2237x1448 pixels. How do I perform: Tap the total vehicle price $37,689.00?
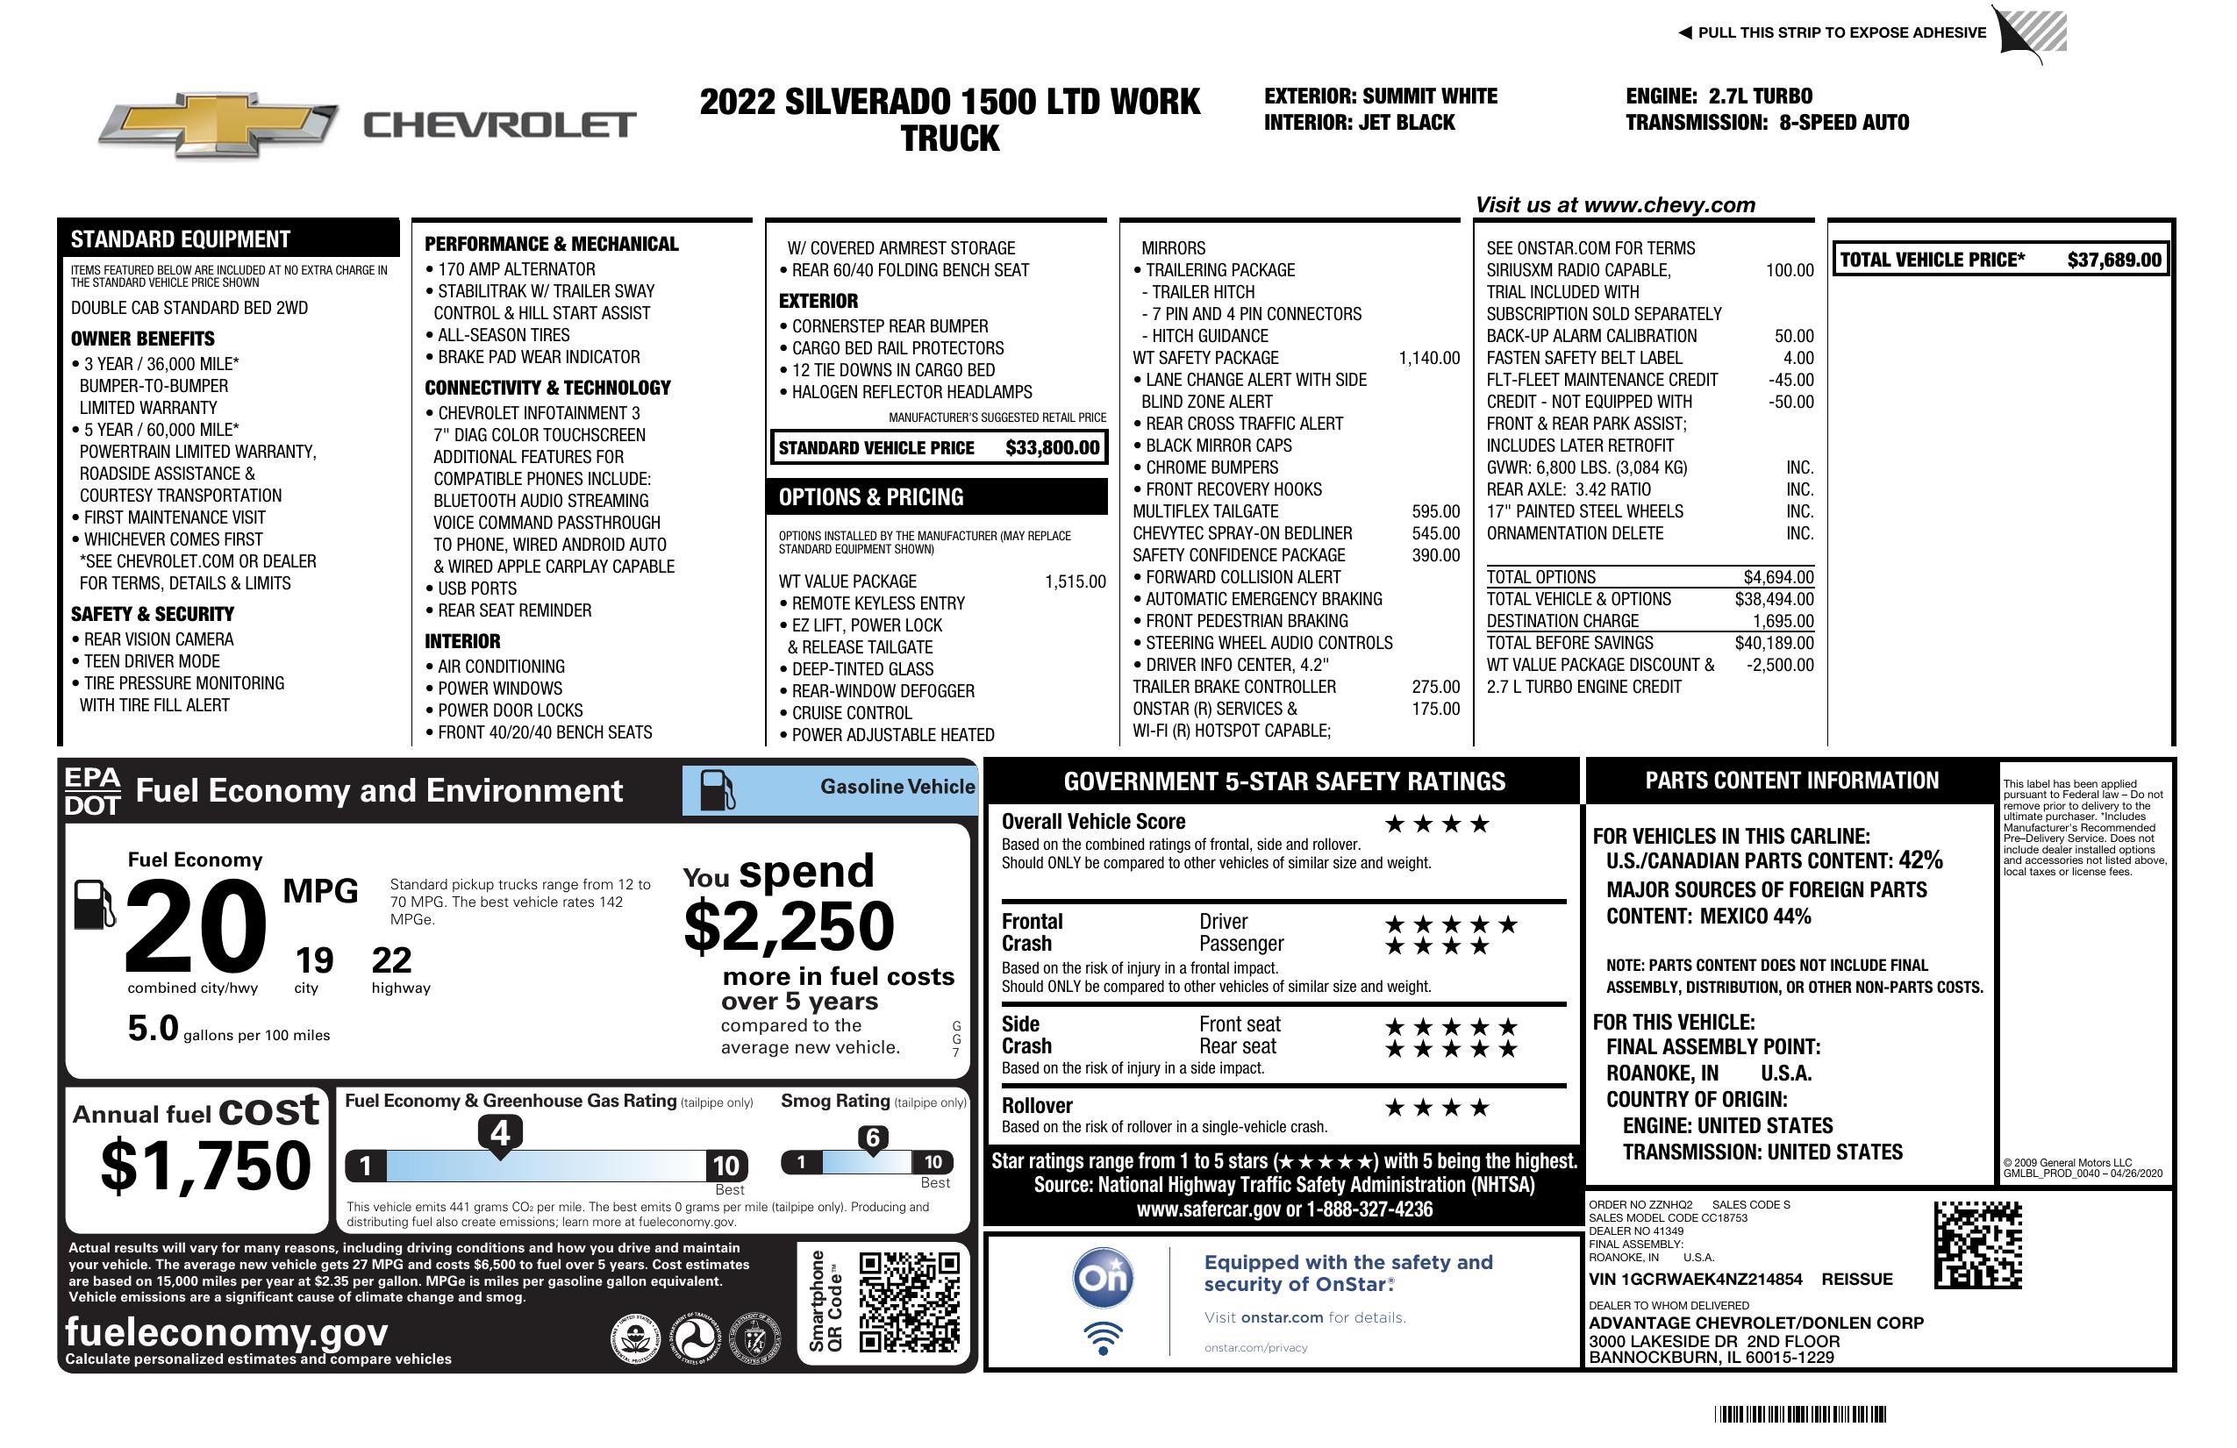(2113, 260)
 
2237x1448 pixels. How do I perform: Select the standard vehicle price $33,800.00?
(1052, 448)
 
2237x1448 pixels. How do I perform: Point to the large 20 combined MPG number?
(196, 926)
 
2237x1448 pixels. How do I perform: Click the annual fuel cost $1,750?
(206, 1166)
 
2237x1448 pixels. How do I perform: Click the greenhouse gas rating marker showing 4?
(500, 1133)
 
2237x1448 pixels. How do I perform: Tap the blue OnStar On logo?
(1103, 1278)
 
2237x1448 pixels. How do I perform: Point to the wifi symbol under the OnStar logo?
(1103, 1337)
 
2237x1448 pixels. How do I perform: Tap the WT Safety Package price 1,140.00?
(1429, 358)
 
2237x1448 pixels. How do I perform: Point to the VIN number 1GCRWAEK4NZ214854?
(1695, 1279)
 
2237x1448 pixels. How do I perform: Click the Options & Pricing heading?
(870, 497)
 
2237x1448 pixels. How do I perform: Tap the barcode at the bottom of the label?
(1799, 1414)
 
